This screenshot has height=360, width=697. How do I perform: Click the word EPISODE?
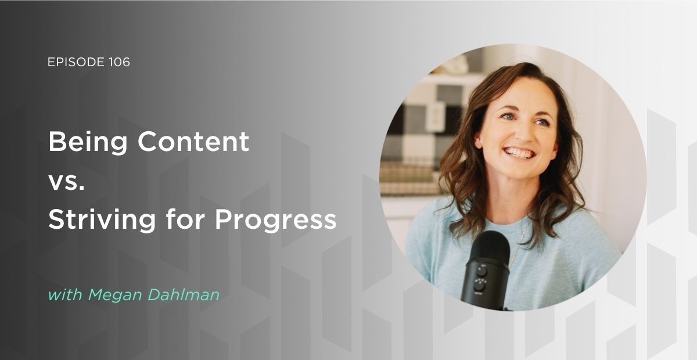click(x=76, y=62)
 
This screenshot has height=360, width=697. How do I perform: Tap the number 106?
click(x=120, y=62)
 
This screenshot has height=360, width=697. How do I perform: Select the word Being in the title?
click(x=88, y=143)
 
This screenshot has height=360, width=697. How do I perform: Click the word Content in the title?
click(x=193, y=142)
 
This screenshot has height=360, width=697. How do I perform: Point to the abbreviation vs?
click(x=67, y=182)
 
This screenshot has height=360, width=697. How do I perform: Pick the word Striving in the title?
click(x=102, y=220)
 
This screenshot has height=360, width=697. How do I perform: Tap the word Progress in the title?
click(x=276, y=221)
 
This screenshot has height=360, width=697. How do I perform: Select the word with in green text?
click(x=65, y=294)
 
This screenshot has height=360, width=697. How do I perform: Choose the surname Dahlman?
click(x=184, y=294)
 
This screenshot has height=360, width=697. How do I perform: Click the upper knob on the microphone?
click(x=482, y=271)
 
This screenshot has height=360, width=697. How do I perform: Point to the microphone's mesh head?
click(x=489, y=247)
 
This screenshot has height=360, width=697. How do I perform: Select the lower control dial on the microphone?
click(x=480, y=286)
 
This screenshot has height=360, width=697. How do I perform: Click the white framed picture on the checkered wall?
click(x=436, y=117)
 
